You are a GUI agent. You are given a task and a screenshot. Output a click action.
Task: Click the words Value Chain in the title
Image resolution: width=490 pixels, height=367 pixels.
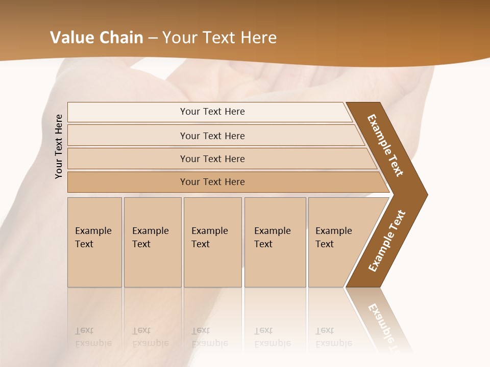96,38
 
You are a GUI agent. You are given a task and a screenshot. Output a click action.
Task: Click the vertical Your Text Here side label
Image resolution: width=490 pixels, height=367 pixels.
59,146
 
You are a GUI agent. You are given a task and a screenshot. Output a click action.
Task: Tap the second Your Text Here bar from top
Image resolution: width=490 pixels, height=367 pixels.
212,136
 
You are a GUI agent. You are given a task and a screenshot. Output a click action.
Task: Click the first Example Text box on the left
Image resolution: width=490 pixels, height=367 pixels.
94,242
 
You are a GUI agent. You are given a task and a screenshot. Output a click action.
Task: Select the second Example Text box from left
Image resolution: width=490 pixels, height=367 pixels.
152,242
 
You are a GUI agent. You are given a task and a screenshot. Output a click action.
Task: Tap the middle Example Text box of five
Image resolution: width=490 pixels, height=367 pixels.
212,242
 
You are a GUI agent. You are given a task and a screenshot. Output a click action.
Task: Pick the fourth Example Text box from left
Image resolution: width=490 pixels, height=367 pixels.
275,242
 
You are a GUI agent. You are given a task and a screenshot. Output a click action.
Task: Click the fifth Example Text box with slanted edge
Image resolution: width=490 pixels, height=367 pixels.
337,242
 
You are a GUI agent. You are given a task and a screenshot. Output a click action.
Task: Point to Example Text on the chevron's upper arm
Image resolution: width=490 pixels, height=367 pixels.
385,146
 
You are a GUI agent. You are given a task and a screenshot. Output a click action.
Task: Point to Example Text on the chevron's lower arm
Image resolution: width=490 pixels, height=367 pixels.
387,241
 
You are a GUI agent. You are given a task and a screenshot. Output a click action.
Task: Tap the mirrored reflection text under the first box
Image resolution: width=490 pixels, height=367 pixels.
93,337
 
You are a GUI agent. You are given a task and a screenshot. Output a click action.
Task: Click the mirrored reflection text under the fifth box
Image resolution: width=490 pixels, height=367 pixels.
333,337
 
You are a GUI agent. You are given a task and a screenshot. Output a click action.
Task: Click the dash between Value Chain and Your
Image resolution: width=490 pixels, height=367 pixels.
153,38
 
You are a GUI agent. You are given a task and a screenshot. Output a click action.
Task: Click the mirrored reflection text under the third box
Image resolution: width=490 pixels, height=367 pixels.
209,337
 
